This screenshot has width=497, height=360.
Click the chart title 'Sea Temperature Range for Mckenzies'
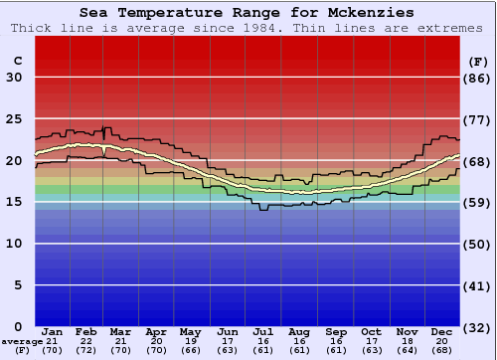247,12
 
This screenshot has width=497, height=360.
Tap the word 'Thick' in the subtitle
32,28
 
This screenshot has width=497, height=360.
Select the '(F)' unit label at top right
477,61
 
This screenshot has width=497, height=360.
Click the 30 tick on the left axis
14,78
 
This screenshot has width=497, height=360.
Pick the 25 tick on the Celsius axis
14,119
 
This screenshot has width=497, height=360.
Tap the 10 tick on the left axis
14,244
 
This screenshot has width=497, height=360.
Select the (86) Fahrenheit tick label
477,78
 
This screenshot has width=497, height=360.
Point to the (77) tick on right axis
477,119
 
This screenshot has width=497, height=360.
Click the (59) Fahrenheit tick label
477,202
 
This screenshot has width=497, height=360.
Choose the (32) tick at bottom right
477,326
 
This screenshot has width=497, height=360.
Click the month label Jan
53,331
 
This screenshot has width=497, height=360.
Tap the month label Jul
263,331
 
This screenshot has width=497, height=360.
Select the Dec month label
442,331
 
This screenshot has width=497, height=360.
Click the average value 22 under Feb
86,341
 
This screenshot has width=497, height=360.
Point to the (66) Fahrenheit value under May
192,351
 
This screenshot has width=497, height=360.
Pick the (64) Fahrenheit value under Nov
407,351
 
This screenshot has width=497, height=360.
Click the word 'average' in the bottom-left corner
22,341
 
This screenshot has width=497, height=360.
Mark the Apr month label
157,331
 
